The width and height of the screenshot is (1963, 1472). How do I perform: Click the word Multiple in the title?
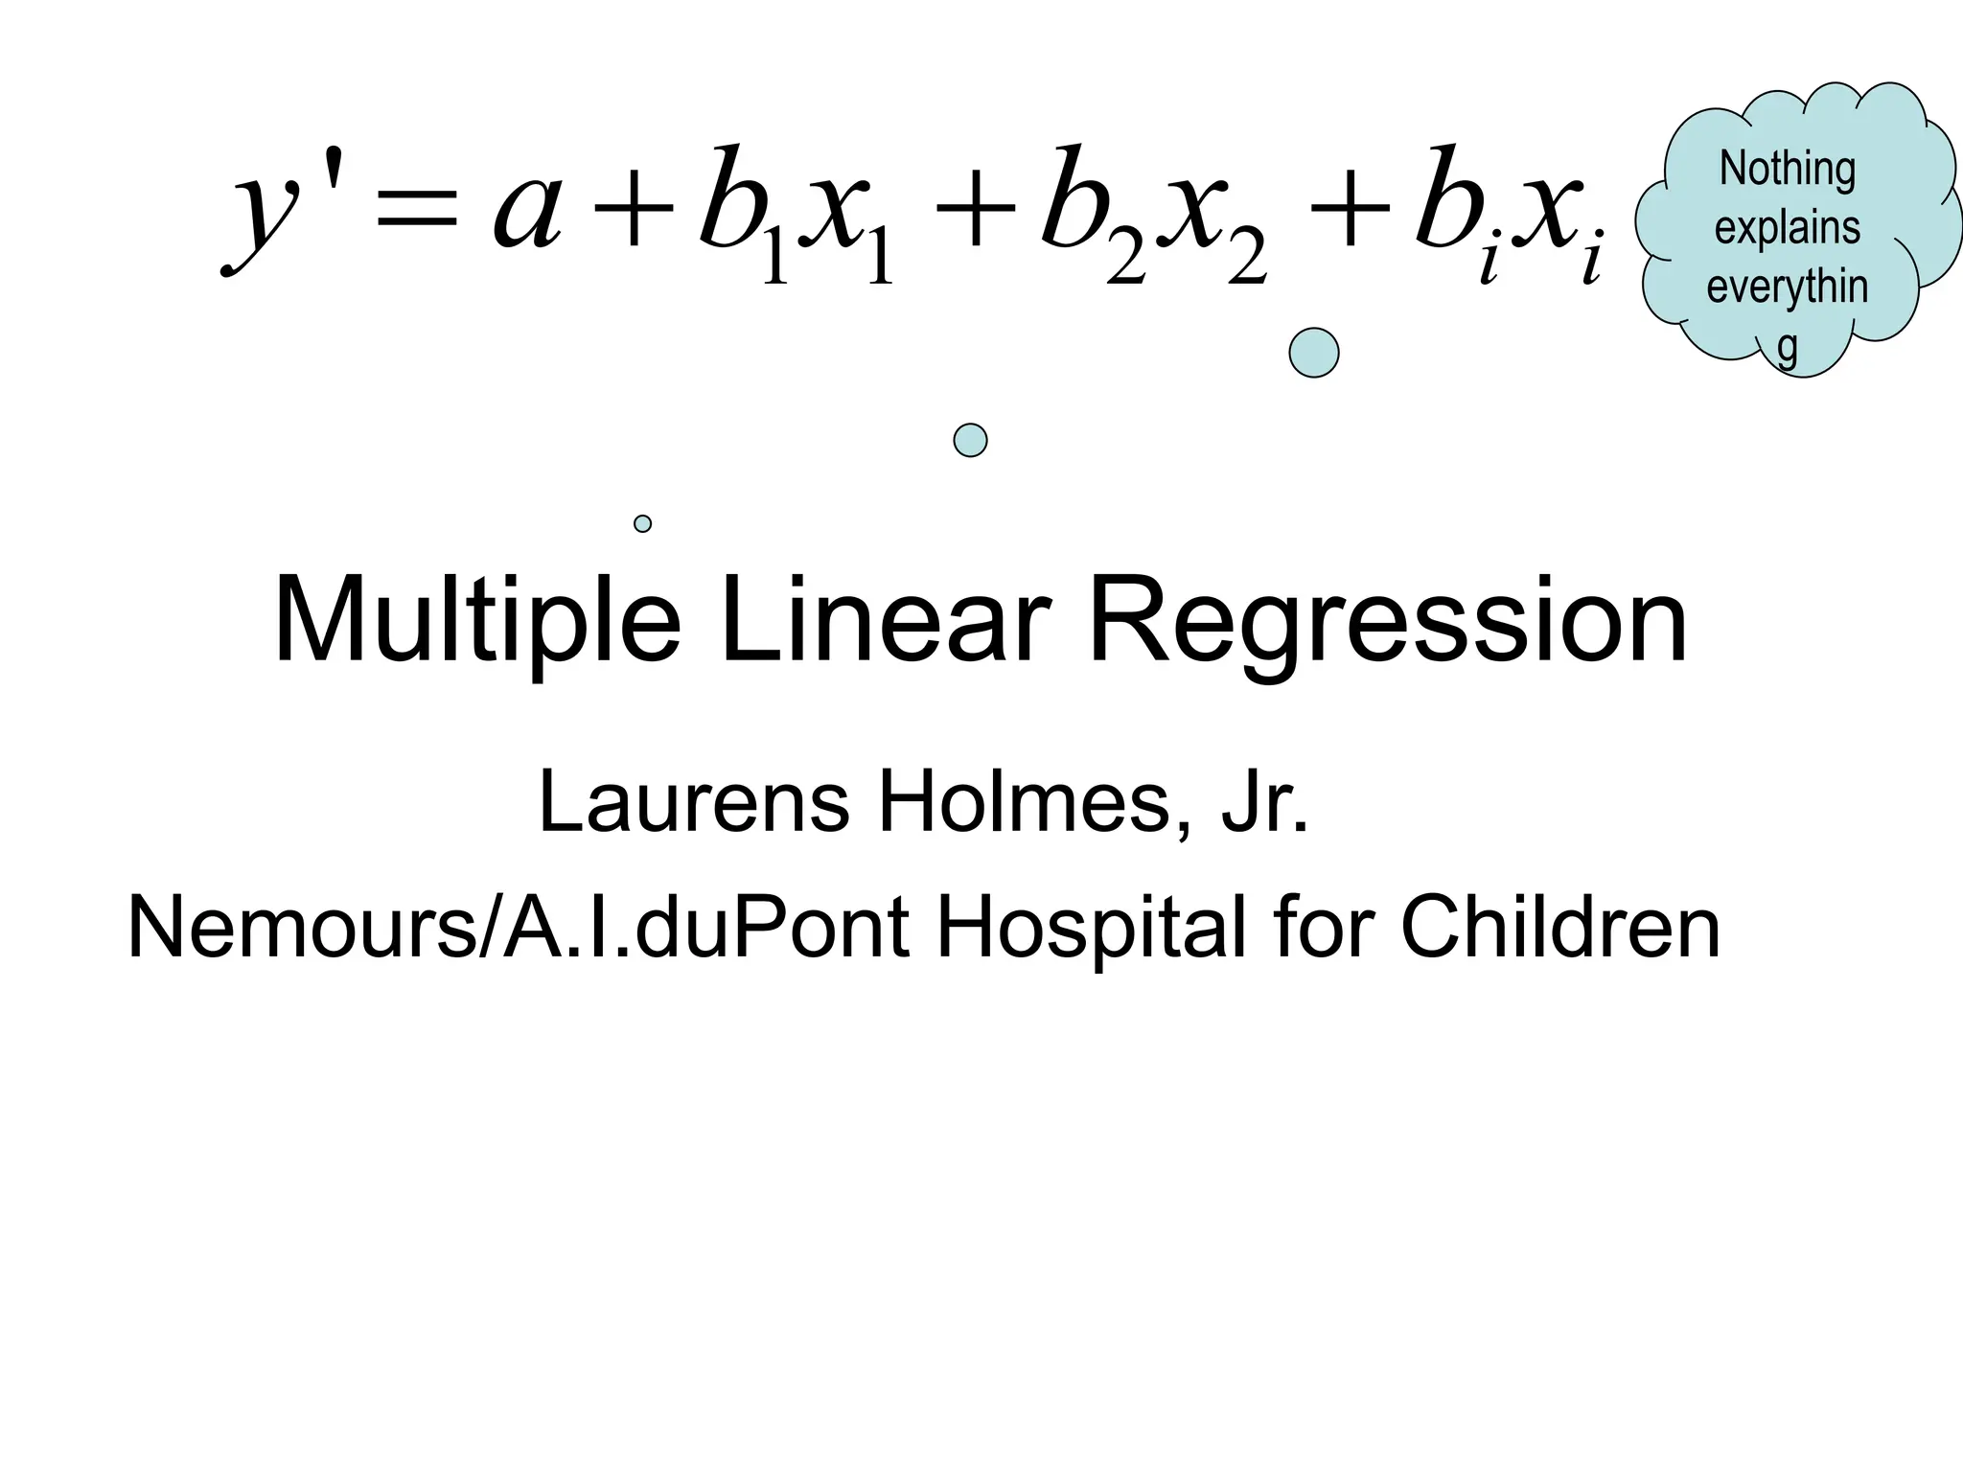pos(476,621)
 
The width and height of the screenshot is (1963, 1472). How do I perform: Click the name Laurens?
pos(694,801)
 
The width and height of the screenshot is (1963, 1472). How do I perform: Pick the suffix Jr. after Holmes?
pos(1263,801)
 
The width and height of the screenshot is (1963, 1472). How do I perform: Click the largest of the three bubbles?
pos(1313,353)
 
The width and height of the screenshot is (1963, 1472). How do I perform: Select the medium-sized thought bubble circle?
pos(970,440)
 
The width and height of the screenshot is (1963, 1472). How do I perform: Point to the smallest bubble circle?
pos(642,523)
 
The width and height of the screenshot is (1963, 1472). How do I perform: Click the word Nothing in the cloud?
pos(1788,169)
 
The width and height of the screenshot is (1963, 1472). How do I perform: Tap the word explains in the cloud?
pos(1788,228)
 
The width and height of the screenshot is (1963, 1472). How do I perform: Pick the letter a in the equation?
pos(526,211)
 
